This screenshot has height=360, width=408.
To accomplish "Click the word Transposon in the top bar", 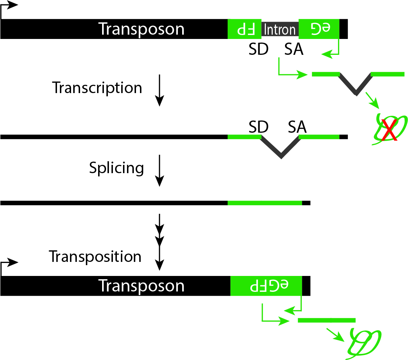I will [x=141, y=29].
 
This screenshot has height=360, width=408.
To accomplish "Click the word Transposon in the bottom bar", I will [x=141, y=286].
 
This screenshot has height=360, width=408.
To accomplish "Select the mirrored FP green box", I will [x=244, y=29].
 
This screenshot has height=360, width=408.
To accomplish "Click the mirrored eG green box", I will [x=319, y=29].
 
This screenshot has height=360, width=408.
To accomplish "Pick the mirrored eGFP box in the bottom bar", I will [x=266, y=286].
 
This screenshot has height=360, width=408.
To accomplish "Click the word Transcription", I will [x=97, y=88].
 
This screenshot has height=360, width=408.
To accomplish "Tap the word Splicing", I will [x=116, y=168].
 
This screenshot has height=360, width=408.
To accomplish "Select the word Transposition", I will [x=95, y=256].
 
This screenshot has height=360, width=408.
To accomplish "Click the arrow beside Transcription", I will [x=159, y=90].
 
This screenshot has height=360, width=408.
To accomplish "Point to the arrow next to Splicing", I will [x=159, y=170].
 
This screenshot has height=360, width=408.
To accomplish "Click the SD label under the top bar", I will [x=258, y=50].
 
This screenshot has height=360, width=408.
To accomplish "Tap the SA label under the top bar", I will [x=294, y=50].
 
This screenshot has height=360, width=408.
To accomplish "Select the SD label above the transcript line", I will [x=258, y=127].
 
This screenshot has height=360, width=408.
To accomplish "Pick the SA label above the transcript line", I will [x=297, y=127].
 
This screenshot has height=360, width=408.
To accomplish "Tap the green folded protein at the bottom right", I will [x=363, y=342].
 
